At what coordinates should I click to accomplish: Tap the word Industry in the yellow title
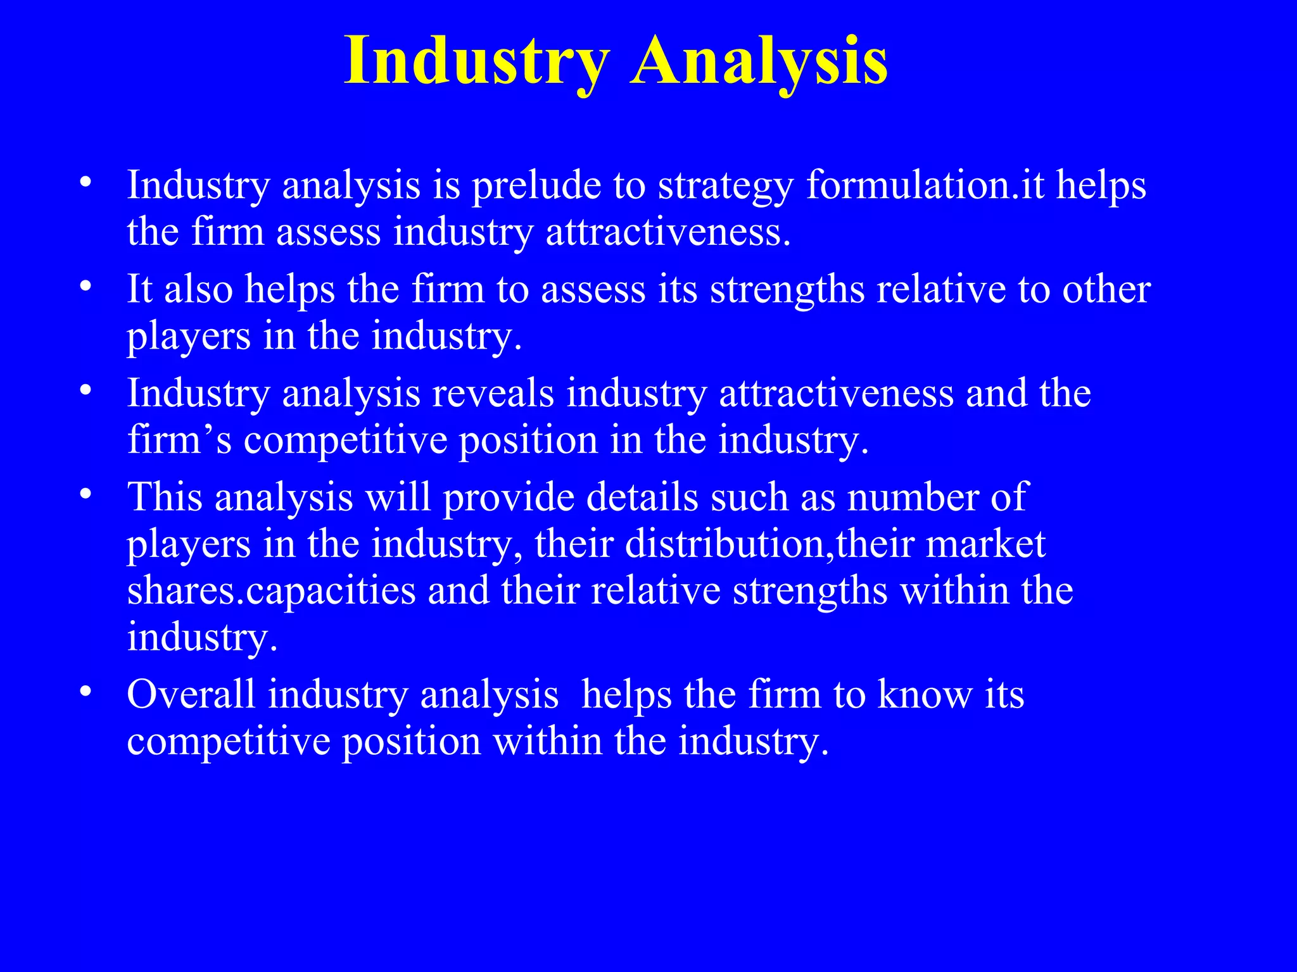click(476, 62)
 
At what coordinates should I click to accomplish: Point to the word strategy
click(725, 187)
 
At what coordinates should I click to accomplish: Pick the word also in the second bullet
click(198, 289)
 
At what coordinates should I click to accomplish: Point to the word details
click(642, 497)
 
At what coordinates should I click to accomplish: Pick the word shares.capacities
click(272, 591)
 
